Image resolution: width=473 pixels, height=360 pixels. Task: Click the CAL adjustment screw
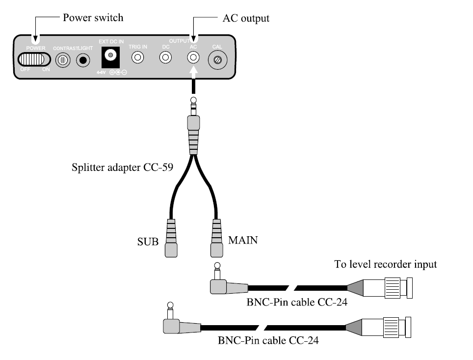(x=217, y=60)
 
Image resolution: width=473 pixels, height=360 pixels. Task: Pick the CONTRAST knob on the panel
(x=62, y=60)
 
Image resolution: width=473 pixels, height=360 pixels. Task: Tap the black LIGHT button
(x=83, y=60)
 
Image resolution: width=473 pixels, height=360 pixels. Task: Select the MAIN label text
(x=243, y=241)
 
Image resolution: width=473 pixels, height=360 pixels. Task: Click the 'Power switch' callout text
(x=93, y=18)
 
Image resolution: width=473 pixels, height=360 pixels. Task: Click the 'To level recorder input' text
(x=386, y=265)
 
